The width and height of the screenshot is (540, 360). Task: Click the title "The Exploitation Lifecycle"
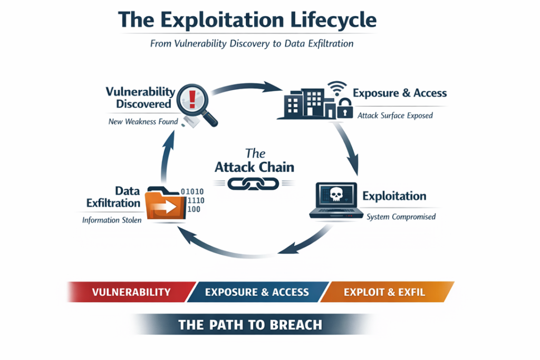tap(247, 20)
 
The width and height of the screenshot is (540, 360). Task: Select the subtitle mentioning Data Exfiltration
tap(252, 44)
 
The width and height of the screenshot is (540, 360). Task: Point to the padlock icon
tap(345, 108)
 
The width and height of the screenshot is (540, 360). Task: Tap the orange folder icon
tap(161, 203)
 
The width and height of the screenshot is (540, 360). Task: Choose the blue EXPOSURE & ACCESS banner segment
tap(257, 292)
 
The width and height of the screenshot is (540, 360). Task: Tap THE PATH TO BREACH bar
tap(250, 324)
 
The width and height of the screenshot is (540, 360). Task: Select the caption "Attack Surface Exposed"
tap(395, 115)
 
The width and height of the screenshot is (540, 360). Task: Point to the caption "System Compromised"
tap(401, 217)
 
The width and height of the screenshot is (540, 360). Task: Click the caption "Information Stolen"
tap(112, 220)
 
